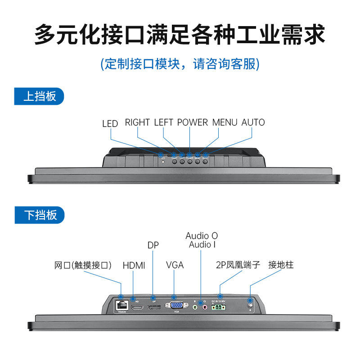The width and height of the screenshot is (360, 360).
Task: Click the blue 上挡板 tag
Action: [39, 96]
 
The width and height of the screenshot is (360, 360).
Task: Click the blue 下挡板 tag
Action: [39, 215]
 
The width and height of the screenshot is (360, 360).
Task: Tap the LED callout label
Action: [110, 123]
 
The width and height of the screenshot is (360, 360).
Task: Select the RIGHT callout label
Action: [137, 122]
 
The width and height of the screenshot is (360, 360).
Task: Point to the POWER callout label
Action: [193, 122]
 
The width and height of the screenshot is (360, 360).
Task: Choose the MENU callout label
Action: [225, 122]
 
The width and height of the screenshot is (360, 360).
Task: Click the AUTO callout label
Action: [253, 122]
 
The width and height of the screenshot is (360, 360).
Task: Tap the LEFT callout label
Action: [164, 122]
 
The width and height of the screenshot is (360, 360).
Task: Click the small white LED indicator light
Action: [163, 162]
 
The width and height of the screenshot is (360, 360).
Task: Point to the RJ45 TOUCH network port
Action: [121, 305]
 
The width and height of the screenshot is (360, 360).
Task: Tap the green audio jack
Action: [195, 307]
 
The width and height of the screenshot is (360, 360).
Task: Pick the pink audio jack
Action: [205, 307]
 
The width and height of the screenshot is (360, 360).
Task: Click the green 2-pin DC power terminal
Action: [219, 307]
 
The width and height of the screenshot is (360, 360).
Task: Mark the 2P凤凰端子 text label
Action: [238, 265]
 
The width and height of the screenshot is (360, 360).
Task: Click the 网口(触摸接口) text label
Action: [83, 265]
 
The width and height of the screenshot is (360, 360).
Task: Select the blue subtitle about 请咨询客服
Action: [180, 63]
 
